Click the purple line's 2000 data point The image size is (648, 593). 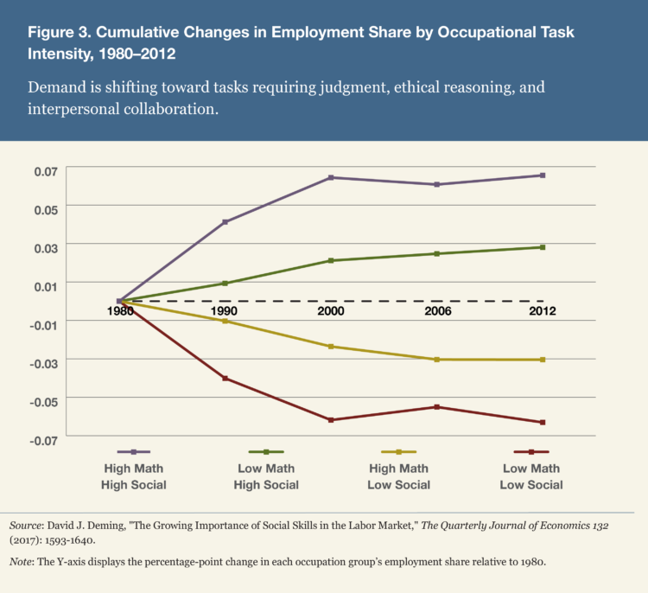331,177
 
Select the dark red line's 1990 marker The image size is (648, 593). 226,378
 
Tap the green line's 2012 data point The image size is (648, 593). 543,247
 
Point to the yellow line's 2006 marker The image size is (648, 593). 437,359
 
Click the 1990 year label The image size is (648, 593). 226,311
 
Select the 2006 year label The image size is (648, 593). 437,311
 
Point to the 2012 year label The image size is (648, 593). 543,311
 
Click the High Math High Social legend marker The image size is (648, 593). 134,451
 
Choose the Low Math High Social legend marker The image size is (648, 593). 266,451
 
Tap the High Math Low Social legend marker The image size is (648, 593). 398,451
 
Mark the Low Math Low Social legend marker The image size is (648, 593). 530,451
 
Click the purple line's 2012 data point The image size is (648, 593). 543,175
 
